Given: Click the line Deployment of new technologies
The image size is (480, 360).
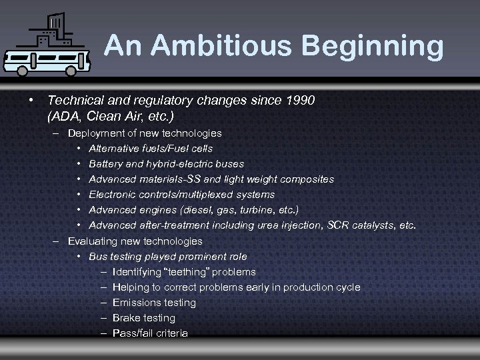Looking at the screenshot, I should pos(145,133).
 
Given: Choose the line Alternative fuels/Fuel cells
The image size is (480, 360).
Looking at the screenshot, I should pos(151,148).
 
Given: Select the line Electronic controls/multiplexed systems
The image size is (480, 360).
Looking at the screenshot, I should pos(181,195).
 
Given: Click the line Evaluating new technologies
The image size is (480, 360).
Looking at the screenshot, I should pos(135,241).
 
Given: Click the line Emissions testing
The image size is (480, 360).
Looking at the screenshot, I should pos(154,303).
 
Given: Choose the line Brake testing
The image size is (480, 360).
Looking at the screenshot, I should pos(144,318).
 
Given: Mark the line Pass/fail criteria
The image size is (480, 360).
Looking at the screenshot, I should pos(150,333).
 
